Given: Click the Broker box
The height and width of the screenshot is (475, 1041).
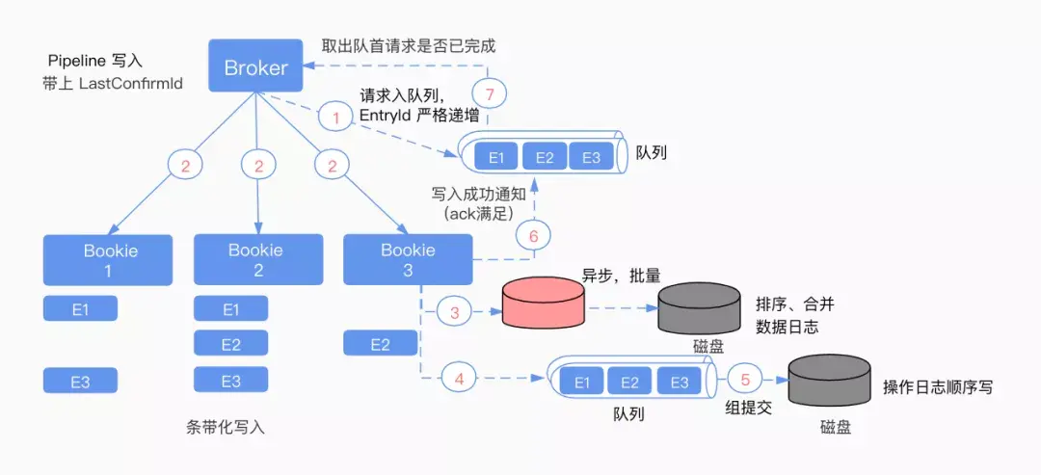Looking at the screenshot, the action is coord(256,66).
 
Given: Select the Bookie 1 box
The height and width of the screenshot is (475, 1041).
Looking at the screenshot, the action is coord(108,260).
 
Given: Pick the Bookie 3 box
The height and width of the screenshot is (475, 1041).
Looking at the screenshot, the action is coord(408,259).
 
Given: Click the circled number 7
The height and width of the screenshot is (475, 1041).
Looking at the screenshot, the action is coord(490,94).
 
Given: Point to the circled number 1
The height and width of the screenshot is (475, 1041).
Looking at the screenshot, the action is coord(336,119).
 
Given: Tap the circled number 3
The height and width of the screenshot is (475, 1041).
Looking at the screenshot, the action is coord(455,312).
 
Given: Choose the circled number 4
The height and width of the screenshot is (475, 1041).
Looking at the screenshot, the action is coord(458,380).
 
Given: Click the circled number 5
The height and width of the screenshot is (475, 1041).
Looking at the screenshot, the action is coord(745,381).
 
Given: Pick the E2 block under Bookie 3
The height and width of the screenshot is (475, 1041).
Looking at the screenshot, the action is coord(381,344).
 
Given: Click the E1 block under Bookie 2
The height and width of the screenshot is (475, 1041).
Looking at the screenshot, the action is coord(231,308).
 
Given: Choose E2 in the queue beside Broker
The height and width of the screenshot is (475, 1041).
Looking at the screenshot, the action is coord(545,156).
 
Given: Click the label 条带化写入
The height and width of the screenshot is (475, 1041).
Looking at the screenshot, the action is coord(226,427).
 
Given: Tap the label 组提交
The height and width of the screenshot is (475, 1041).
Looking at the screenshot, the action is coord(748,409).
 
